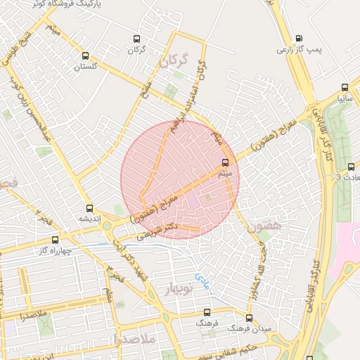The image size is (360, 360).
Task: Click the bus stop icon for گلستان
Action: [86, 56]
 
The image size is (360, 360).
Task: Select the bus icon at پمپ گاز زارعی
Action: [300, 39]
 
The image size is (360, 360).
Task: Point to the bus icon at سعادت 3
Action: [351, 167]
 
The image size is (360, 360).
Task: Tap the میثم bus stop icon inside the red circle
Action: [225, 163]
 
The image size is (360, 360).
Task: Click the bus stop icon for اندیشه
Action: [89, 208]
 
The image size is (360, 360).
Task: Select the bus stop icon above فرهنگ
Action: [207, 311]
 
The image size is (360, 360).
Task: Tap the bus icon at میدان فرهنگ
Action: [249, 318]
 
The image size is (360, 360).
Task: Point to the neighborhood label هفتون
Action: [264, 226]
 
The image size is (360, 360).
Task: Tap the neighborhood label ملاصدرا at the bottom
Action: [137, 339]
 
